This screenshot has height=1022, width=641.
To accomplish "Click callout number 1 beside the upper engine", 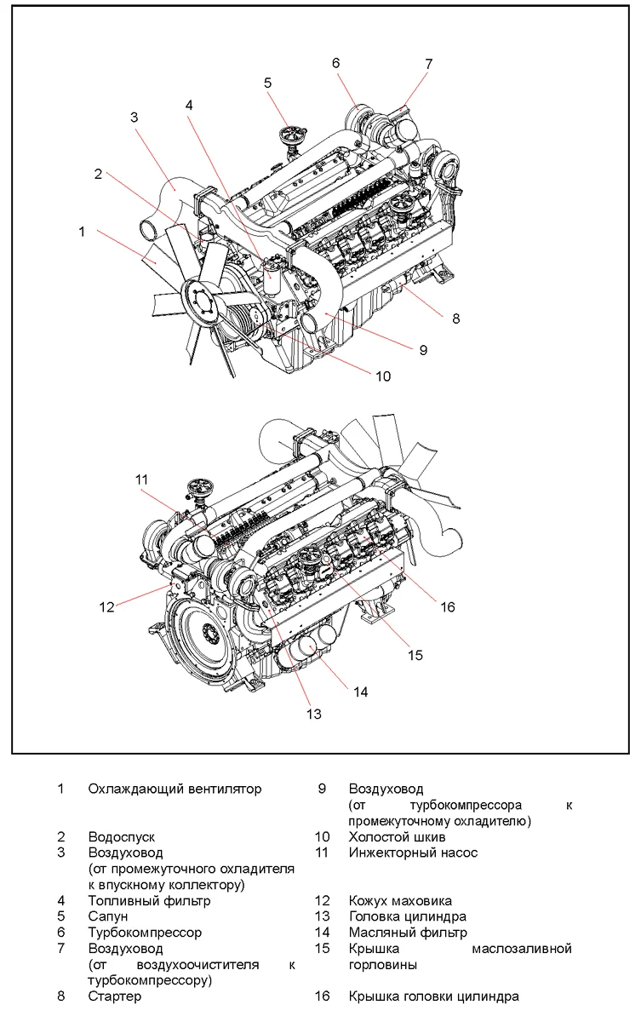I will click(82, 231).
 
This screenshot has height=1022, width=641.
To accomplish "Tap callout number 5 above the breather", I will click(267, 83).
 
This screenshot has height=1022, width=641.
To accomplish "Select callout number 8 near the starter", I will click(455, 319).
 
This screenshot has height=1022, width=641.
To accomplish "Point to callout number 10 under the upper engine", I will click(383, 376).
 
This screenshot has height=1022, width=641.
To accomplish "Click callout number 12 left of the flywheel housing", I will click(106, 607).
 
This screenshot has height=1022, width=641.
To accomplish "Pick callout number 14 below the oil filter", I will click(360, 692).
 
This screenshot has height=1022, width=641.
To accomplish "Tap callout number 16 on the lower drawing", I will click(448, 606).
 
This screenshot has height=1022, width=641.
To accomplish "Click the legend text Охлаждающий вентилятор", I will click(175, 789).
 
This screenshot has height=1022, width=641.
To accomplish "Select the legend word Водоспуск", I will click(122, 837).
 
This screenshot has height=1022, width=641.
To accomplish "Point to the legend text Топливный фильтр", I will click(149, 900).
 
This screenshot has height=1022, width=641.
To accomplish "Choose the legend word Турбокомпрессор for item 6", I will click(145, 933).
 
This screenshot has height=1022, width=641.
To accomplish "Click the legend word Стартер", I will click(115, 996).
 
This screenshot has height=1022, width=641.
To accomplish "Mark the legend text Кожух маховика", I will click(400, 900).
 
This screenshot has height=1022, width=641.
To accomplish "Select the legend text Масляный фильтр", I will click(408, 933).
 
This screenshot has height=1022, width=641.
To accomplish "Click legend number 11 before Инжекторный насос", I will click(322, 853).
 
